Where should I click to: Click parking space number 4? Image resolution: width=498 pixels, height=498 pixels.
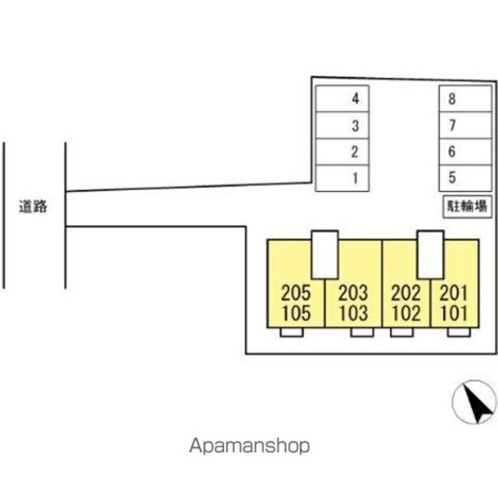click(x=342, y=99)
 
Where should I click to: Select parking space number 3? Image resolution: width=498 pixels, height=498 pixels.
click(x=342, y=125)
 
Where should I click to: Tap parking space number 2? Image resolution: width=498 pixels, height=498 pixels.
click(x=342, y=152)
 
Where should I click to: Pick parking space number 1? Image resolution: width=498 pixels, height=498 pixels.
click(x=342, y=178)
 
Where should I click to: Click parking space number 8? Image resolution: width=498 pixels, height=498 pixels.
click(x=465, y=99)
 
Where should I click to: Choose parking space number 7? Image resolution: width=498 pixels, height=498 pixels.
click(x=465, y=125)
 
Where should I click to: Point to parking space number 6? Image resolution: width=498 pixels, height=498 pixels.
click(x=465, y=152)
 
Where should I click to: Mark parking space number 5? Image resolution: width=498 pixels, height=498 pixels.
click(x=465, y=178)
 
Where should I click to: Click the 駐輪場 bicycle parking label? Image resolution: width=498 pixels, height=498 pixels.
click(x=466, y=206)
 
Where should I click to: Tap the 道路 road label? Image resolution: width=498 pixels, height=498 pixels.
click(x=33, y=207)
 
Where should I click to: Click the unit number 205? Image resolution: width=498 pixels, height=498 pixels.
click(x=296, y=294)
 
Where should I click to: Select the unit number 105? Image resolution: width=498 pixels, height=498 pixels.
click(x=296, y=314)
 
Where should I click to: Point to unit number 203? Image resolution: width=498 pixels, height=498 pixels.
click(x=353, y=294)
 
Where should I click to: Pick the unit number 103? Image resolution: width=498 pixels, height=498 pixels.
click(x=353, y=314)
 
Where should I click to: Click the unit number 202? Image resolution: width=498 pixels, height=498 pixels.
click(x=405, y=294)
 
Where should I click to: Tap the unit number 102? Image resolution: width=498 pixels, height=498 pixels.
click(x=405, y=314)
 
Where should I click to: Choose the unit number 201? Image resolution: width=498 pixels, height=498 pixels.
click(x=454, y=294)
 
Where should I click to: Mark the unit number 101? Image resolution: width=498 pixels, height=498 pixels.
click(x=454, y=314)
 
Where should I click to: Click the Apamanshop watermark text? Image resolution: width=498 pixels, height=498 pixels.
click(x=249, y=446)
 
